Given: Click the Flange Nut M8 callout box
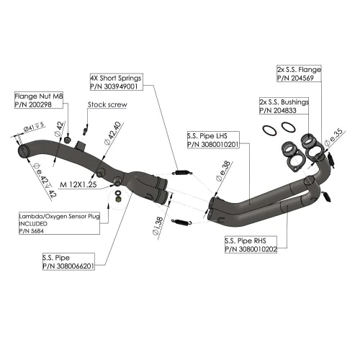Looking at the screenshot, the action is pos(39,100).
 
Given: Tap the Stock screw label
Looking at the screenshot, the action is pos(107,104).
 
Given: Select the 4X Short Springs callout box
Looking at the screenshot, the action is pos(117,82).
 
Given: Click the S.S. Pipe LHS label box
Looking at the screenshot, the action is pos(213,140).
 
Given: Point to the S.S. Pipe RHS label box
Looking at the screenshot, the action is pos(251,245).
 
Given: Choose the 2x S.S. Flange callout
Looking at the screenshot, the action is pos(299,73).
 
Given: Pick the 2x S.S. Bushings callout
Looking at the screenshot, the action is pos(284,106).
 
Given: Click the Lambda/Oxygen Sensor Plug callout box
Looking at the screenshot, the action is pos(59,223).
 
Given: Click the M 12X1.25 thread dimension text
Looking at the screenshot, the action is pos(78,184).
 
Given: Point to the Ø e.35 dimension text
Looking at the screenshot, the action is pos(333,137).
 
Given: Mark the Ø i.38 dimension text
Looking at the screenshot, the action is pos(158,225).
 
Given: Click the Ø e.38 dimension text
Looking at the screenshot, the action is pos(223,171).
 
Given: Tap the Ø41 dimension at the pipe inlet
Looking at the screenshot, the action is pos(34,127).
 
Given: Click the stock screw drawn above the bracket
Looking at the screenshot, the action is pos(85,130).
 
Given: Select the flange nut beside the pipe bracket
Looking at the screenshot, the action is pos(67,140).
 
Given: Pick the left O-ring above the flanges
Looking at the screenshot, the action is pos(269,130).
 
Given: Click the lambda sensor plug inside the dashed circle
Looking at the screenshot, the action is pos(118,199).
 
